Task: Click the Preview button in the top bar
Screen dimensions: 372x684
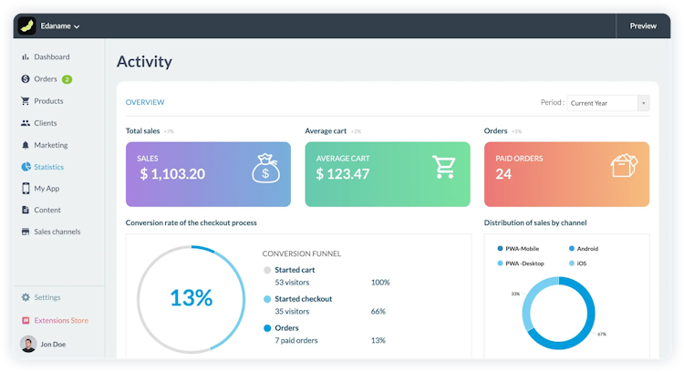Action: click(642, 26)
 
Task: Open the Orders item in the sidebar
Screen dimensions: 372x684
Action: click(46, 79)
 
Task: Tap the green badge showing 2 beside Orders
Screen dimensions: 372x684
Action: click(67, 79)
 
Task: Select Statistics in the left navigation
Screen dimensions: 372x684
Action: click(48, 167)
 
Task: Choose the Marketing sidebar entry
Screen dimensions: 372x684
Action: click(50, 145)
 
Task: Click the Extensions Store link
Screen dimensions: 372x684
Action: click(61, 320)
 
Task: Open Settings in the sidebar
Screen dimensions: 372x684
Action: click(47, 297)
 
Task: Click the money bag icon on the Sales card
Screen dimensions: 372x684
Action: click(265, 168)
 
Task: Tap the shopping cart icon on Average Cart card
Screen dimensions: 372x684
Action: click(444, 167)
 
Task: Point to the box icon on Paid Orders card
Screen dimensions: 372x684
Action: click(624, 166)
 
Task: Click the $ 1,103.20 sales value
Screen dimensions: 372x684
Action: click(172, 174)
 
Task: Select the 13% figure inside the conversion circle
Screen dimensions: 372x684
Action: click(191, 297)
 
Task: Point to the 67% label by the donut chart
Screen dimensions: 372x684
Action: click(602, 334)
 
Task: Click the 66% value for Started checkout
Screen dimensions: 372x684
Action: click(378, 311)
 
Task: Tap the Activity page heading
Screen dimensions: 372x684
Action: click(144, 62)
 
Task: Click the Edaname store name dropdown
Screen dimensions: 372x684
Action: click(60, 26)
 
